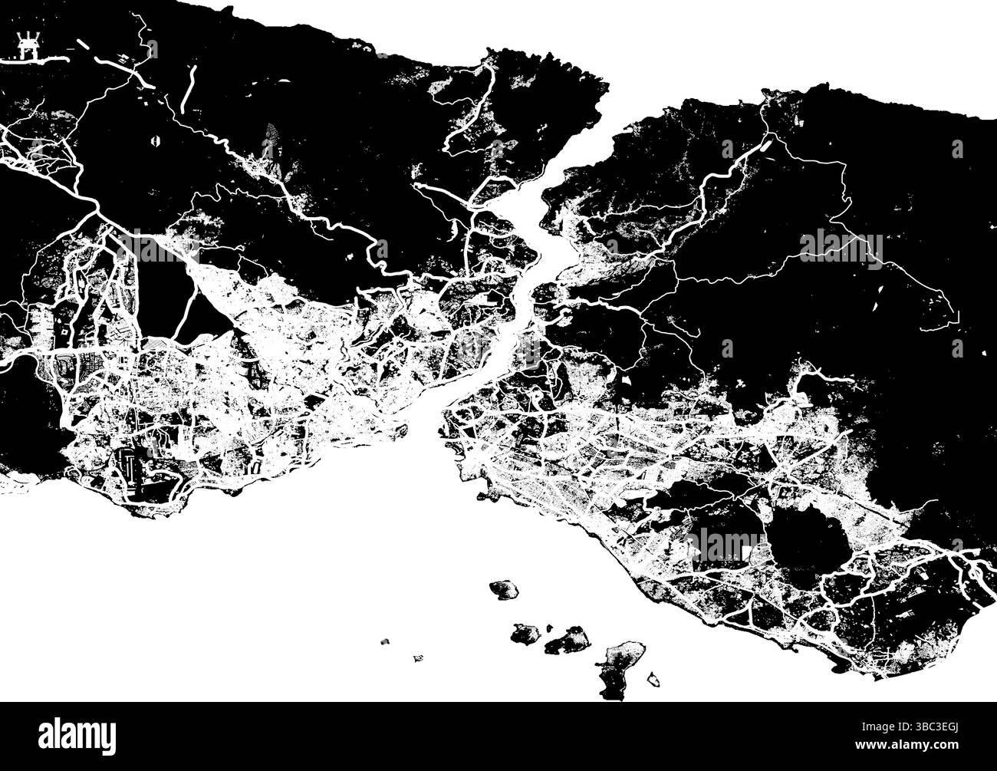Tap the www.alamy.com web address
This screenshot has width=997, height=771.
[930, 745]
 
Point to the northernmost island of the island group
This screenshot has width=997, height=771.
[504, 590]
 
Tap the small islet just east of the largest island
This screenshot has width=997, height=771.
[654, 680]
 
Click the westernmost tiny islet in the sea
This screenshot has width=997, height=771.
[385, 641]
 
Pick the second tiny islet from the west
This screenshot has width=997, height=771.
[418, 657]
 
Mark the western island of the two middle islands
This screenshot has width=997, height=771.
[526, 633]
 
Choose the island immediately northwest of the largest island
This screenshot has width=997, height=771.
[568, 640]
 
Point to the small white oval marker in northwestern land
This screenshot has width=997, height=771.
[156, 141]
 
